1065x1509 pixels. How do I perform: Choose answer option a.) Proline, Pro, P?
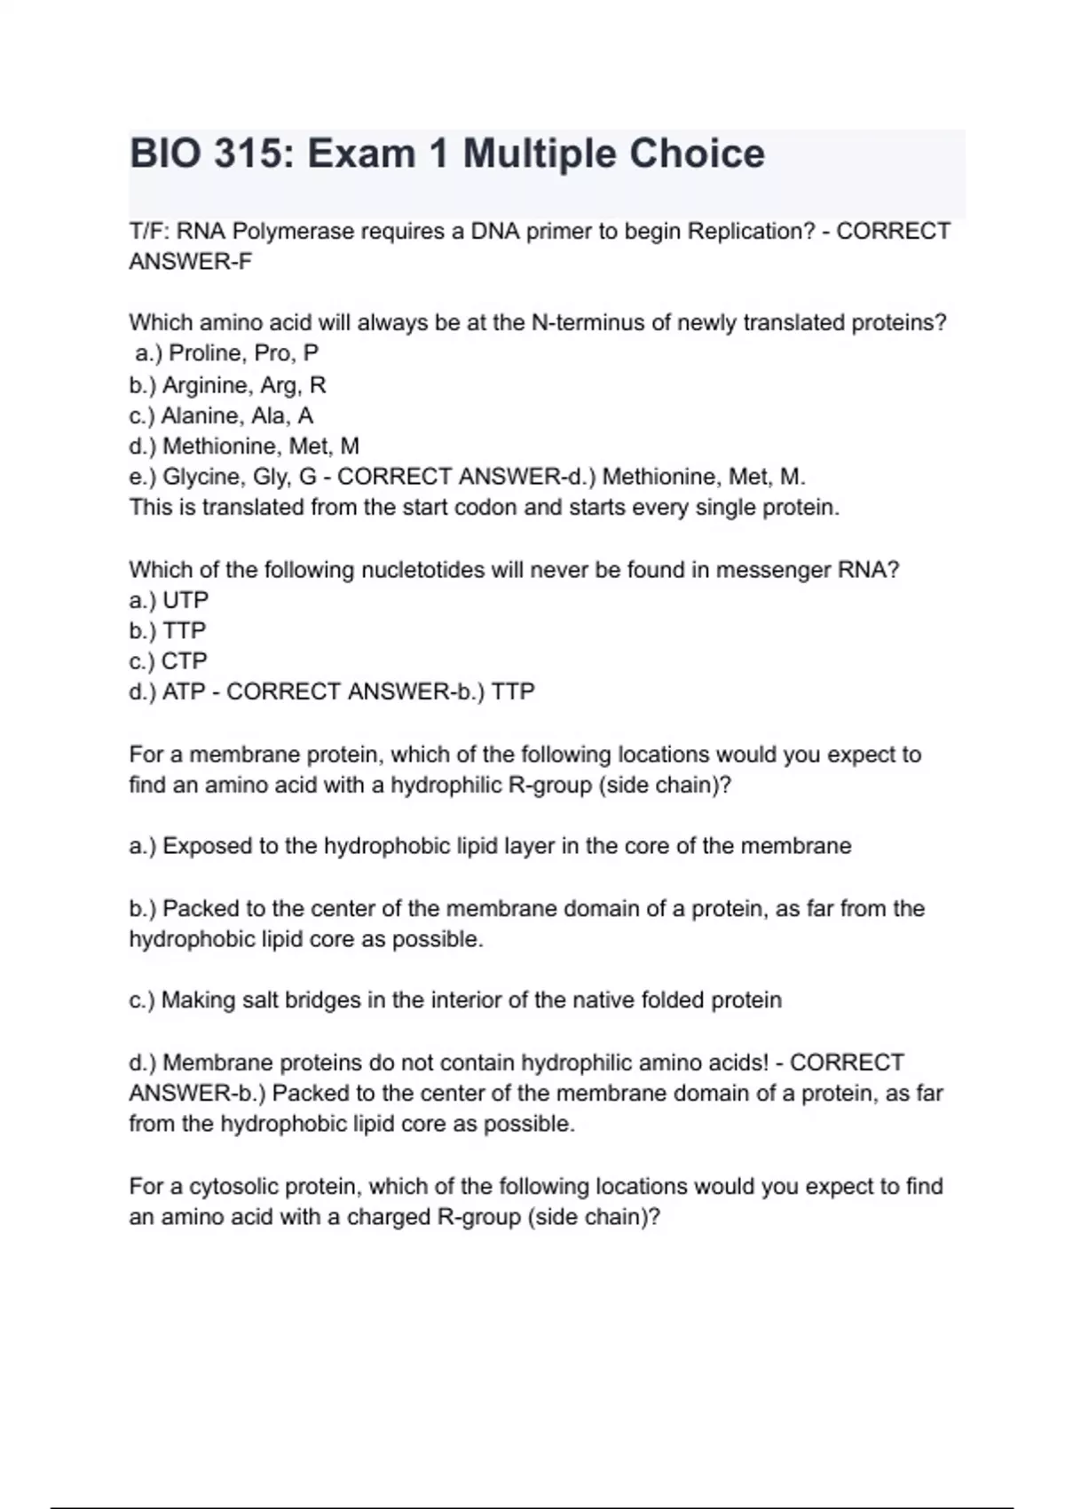(226, 353)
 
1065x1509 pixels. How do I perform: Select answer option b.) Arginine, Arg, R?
(227, 385)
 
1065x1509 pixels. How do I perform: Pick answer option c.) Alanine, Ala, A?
(221, 415)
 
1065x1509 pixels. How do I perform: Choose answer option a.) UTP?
(169, 600)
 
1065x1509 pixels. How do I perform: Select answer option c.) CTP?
(168, 661)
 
